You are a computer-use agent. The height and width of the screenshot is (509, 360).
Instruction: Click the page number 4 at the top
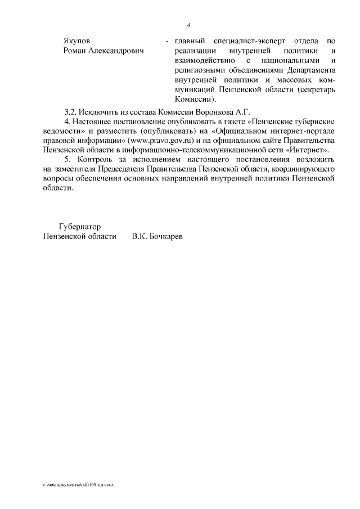coord(188,25)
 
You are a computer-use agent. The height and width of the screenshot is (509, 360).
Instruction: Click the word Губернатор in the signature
coord(80,227)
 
